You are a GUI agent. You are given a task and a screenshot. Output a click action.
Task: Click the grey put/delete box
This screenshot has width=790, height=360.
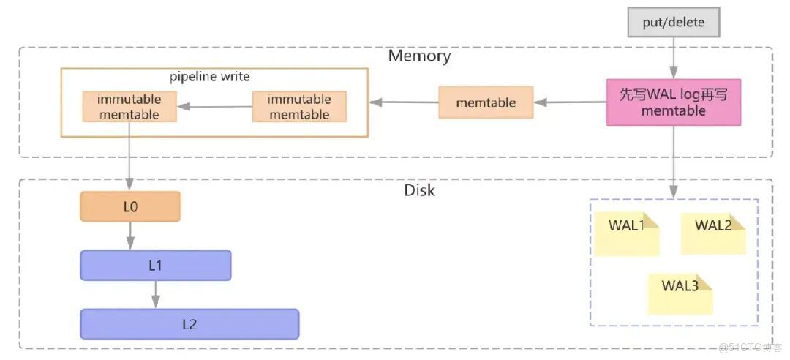(674, 22)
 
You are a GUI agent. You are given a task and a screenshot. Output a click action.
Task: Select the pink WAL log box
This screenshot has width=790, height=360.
(673, 102)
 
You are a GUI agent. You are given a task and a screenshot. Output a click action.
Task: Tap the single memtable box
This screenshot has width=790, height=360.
(486, 102)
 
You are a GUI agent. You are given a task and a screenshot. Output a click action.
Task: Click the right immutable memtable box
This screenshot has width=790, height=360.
(299, 107)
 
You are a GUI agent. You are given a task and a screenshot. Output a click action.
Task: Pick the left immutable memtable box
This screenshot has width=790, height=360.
(129, 107)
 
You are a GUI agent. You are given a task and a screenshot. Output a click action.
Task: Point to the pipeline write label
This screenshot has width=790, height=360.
(209, 77)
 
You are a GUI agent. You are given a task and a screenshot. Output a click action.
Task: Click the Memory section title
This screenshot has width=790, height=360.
(419, 56)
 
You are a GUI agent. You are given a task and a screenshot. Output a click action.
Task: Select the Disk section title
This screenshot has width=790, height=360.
(419, 190)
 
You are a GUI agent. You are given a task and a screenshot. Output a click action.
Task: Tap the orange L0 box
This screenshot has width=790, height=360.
(130, 207)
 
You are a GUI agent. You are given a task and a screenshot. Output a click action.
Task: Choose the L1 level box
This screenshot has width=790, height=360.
(155, 266)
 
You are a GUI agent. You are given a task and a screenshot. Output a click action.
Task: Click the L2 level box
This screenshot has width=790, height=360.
(189, 324)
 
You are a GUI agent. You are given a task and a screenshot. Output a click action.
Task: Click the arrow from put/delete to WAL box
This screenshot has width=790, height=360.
(673, 59)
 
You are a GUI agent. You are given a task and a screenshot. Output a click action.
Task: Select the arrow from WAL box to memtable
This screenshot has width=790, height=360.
(571, 102)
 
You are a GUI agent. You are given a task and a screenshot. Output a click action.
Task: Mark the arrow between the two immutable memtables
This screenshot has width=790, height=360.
(215, 107)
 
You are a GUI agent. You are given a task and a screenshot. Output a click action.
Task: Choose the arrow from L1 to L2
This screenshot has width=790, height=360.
(155, 294)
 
